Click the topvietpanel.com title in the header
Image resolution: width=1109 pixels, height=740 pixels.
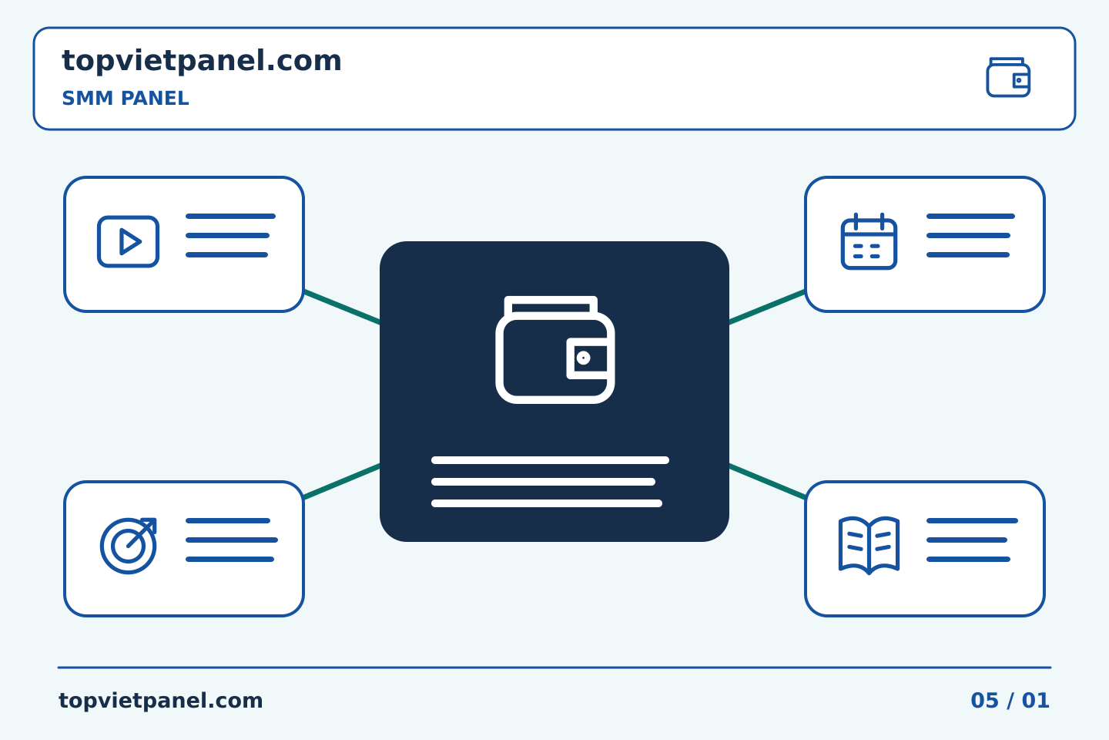click(202, 61)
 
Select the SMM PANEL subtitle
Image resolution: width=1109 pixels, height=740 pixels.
click(126, 98)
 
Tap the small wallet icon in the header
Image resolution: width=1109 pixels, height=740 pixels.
click(1008, 77)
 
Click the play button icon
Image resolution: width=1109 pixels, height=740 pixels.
click(128, 241)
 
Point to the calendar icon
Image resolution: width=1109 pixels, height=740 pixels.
click(869, 241)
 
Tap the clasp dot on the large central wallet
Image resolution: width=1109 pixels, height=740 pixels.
click(583, 358)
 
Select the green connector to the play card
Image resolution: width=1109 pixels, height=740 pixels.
click(342, 308)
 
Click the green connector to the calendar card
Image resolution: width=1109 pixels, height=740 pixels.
click(767, 308)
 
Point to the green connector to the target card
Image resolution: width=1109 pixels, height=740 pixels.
click(342, 481)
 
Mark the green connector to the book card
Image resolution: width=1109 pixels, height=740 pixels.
click(767, 481)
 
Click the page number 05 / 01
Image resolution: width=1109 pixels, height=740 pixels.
click(1010, 701)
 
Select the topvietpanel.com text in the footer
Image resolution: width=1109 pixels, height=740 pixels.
click(160, 701)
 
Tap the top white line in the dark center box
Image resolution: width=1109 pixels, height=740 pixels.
click(550, 460)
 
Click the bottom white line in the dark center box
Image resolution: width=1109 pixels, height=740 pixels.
click(547, 503)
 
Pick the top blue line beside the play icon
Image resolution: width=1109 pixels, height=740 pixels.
click(230, 216)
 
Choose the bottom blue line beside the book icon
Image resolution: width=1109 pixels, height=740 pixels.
click(968, 559)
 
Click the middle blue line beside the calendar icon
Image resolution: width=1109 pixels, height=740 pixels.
click(968, 235)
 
